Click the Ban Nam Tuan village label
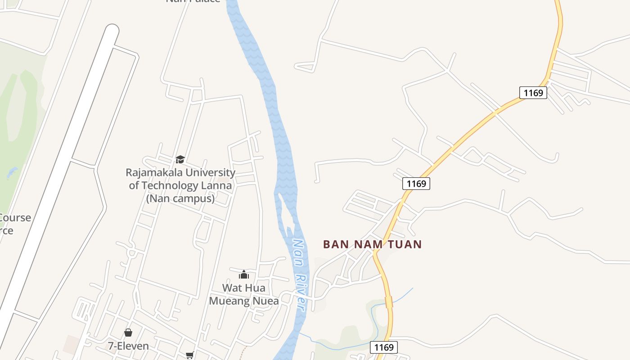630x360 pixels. [372, 244]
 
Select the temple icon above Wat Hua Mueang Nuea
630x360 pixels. [244, 274]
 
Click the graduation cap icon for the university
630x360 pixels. [180, 159]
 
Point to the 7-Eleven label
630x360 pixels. [128, 346]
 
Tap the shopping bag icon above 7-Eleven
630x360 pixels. [128, 333]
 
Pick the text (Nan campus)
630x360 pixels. [180, 198]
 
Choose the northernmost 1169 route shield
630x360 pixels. [533, 93]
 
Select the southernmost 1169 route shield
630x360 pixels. [384, 347]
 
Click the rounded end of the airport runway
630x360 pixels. [111, 31]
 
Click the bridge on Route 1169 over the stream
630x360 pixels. [389, 302]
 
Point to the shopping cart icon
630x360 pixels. [189, 355]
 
